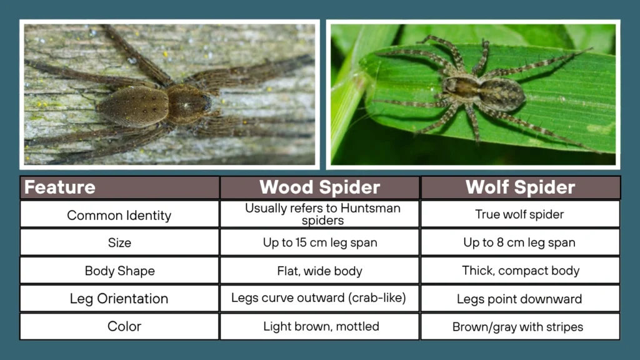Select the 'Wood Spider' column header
click(319, 187)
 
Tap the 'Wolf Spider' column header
click(520, 187)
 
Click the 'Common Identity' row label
click(119, 215)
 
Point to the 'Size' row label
click(119, 242)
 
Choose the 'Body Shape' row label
click(119, 271)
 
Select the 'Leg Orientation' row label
click(119, 299)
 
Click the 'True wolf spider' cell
click(520, 214)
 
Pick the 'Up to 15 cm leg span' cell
click(319, 242)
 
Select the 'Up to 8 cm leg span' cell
click(520, 242)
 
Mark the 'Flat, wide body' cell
click(319, 271)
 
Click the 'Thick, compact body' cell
click(520, 271)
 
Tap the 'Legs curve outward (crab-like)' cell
click(319, 298)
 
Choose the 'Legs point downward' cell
click(520, 299)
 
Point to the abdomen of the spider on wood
click(133, 105)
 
